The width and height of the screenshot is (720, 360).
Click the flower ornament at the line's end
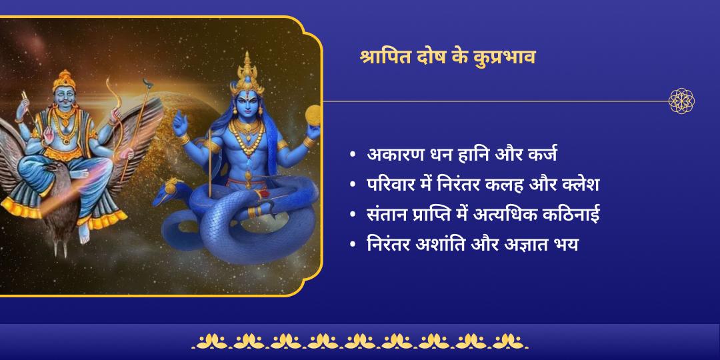click(681, 101)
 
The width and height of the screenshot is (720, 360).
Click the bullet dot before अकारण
click(353, 155)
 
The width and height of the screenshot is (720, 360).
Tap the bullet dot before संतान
click(353, 215)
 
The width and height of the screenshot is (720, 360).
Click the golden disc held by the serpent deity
click(313, 115)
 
